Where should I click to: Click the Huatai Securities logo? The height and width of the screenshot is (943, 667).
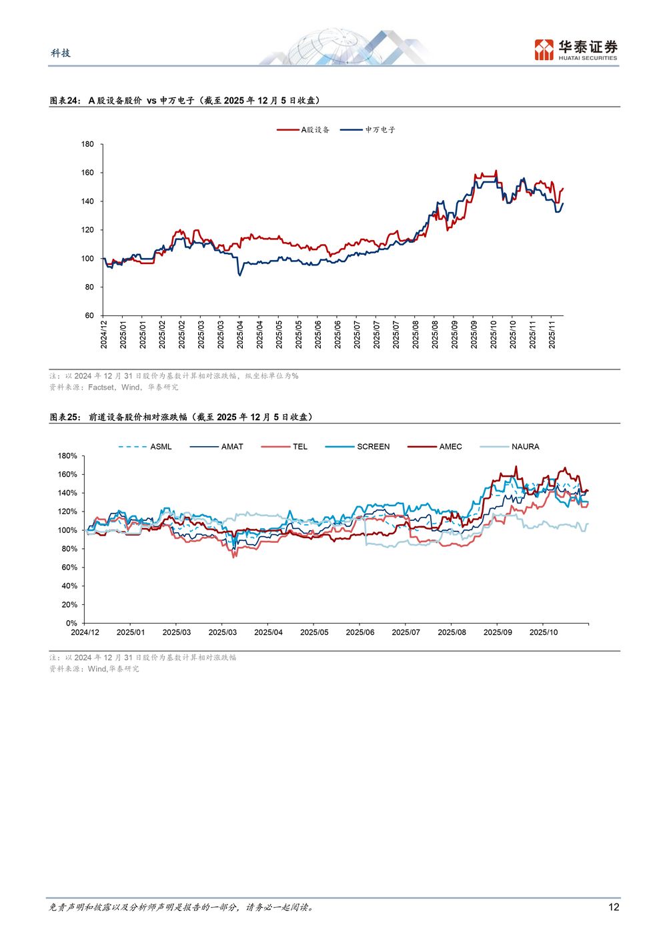pyautogui.click(x=576, y=50)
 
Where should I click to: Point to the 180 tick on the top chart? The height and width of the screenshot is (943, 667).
pyautogui.click(x=87, y=144)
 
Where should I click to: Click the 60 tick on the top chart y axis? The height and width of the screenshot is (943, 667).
pyautogui.click(x=89, y=315)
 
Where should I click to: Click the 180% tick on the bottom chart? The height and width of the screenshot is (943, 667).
pyautogui.click(x=68, y=456)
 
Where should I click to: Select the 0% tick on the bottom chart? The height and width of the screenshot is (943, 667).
pyautogui.click(x=71, y=623)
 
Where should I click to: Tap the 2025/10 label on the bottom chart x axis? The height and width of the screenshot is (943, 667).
pyautogui.click(x=544, y=632)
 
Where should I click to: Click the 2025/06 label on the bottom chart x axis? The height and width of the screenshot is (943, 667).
pyautogui.click(x=360, y=632)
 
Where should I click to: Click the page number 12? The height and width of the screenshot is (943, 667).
pyautogui.click(x=614, y=907)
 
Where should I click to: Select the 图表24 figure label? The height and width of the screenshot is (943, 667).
pyautogui.click(x=65, y=101)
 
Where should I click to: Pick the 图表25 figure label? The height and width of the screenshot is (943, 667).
pyautogui.click(x=65, y=417)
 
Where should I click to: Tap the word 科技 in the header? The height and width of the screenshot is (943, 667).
pyautogui.click(x=61, y=53)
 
